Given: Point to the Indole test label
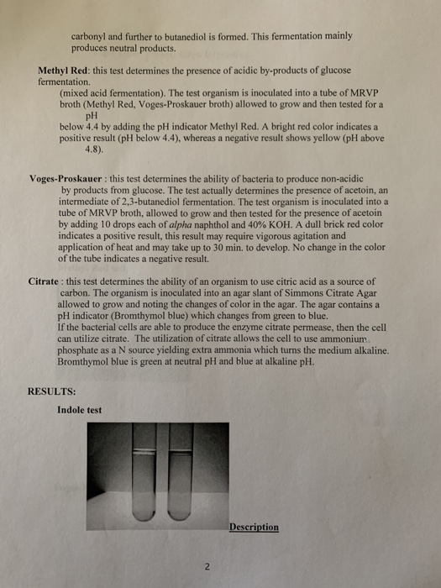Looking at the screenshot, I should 79,410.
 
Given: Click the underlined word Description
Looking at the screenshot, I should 254,527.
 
